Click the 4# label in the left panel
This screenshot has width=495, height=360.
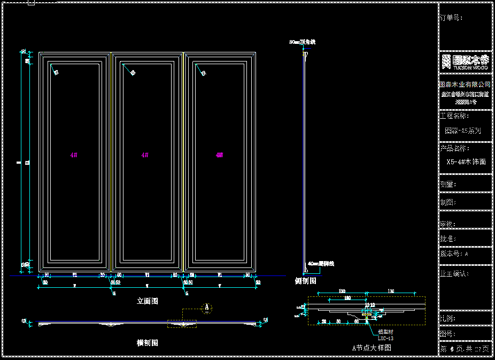pos(74,155)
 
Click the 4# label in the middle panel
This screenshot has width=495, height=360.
pos(145,155)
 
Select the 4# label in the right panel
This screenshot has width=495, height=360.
pos(219,155)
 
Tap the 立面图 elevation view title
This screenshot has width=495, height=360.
pos(148,302)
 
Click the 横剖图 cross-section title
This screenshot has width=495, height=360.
pos(148,343)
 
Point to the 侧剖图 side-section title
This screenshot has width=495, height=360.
pos(306,281)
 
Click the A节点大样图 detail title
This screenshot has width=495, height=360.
pos(372,348)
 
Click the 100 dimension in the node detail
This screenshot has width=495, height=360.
pos(347,297)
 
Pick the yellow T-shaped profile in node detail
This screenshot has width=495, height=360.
pos(367,315)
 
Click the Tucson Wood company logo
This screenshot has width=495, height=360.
pos(465,62)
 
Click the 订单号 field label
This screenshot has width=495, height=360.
pos(451,18)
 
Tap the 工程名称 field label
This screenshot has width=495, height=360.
pos(454,116)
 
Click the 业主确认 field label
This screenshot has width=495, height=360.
pos(454,273)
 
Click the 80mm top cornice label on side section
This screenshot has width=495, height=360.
pos(303,42)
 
